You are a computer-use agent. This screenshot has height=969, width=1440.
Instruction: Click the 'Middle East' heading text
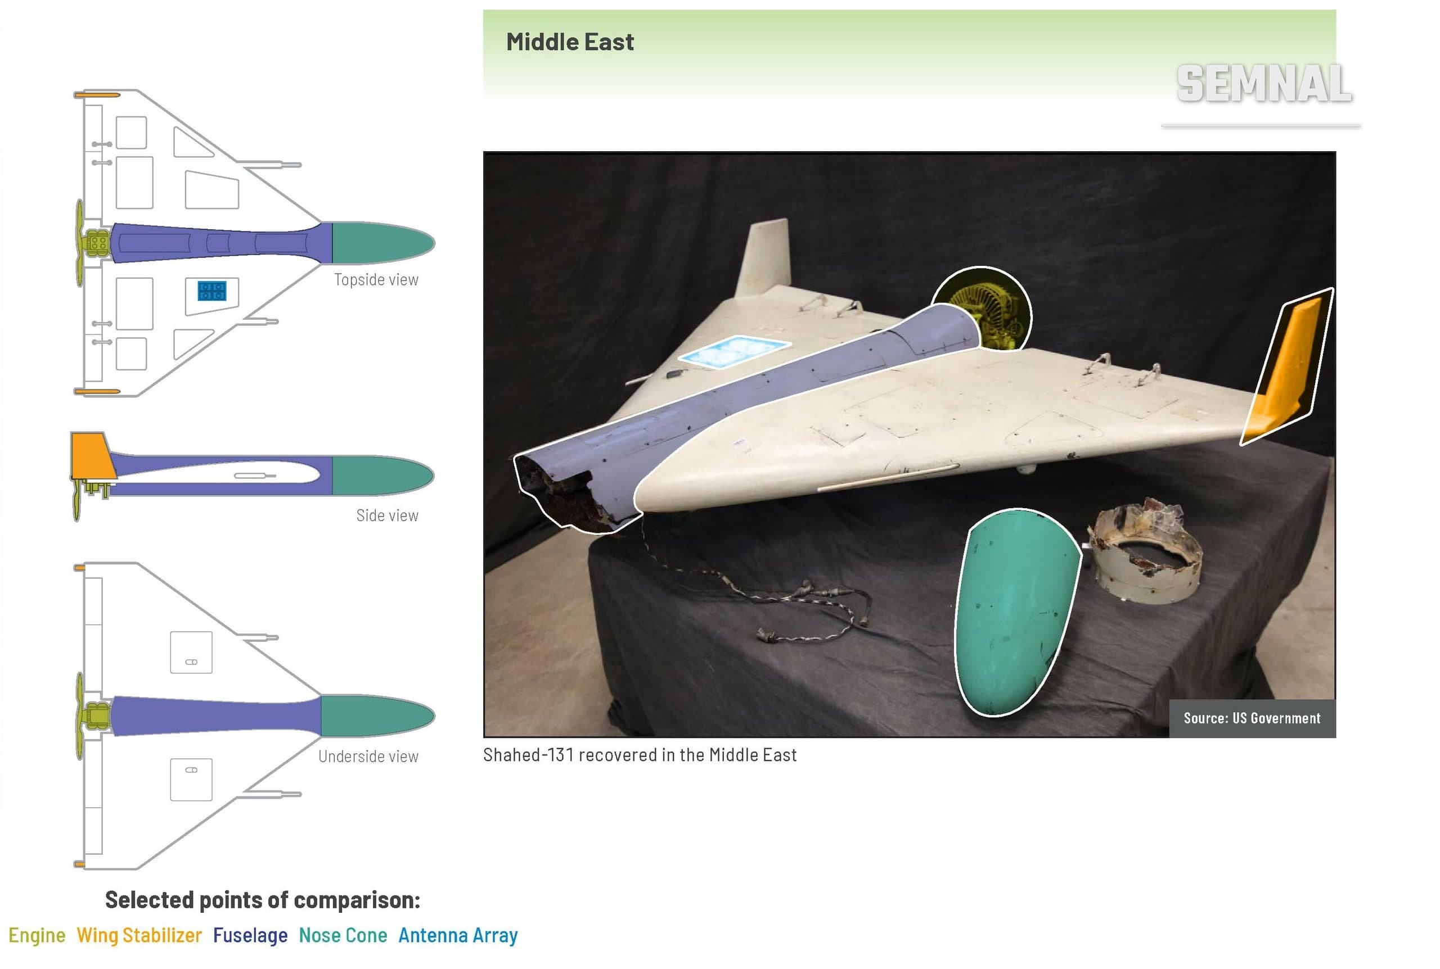point(569,42)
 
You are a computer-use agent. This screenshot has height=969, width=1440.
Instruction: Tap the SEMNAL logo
point(1264,84)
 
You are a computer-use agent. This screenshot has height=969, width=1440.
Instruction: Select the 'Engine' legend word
point(37,936)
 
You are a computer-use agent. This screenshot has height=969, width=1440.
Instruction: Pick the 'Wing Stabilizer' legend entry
point(139,936)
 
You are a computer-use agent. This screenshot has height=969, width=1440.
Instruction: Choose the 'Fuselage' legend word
point(250,936)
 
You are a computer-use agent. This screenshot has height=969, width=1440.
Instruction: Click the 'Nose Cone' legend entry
point(343,936)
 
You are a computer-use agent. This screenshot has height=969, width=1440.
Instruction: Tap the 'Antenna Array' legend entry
point(458,936)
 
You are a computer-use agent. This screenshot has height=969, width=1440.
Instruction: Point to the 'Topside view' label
point(376,280)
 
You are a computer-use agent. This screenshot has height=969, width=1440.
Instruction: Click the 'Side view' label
point(387,515)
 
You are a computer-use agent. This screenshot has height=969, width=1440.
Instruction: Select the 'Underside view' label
point(368,757)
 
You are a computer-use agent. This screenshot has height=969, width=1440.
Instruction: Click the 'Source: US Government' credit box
point(1252,718)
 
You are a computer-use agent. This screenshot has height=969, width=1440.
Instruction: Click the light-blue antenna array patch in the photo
point(734,352)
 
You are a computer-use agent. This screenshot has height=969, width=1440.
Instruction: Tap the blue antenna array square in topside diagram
point(212,291)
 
